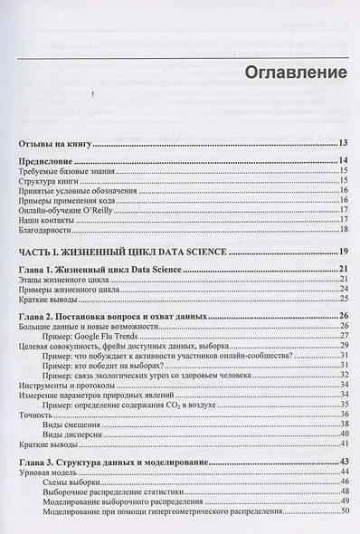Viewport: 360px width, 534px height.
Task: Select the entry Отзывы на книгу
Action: click(x=56, y=143)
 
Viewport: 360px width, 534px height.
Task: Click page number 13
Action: click(x=343, y=143)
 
